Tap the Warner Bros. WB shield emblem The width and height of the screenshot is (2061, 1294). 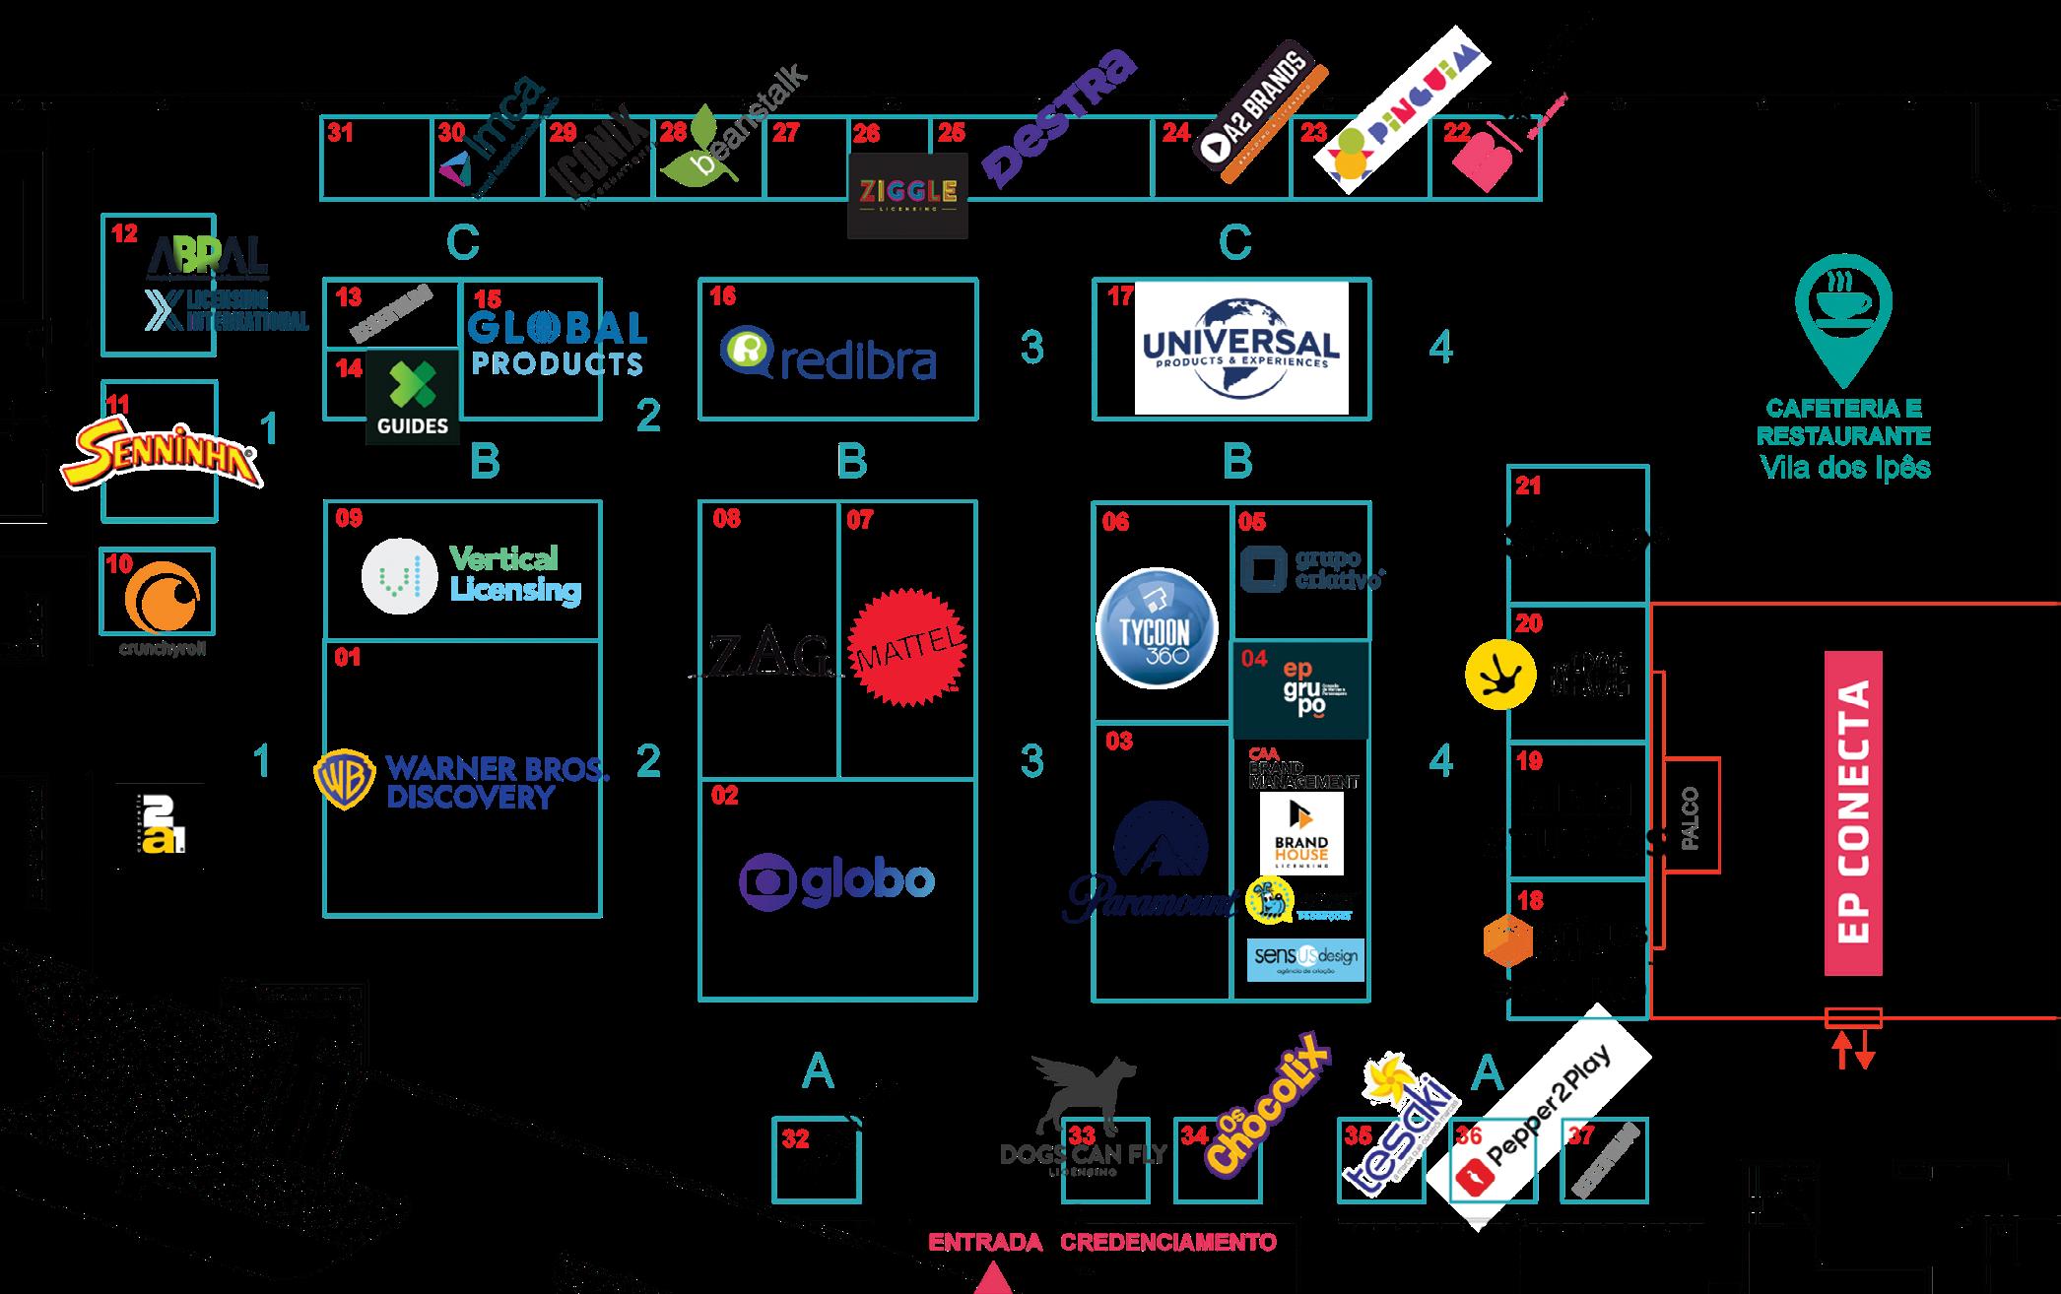(344, 781)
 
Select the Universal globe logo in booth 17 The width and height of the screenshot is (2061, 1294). (1240, 347)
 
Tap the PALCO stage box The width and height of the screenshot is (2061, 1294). (1691, 815)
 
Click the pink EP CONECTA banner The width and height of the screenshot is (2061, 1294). (1852, 813)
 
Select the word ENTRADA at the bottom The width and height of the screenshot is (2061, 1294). (985, 1242)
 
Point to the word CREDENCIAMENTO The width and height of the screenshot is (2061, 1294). (1168, 1242)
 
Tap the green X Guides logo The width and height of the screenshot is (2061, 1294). (413, 397)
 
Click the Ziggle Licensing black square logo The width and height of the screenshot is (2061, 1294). (907, 193)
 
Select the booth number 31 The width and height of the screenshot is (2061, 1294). (341, 133)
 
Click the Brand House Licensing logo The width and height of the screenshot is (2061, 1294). (1301, 833)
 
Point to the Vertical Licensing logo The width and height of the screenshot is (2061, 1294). (472, 574)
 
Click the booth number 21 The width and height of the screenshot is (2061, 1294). (1528, 486)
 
